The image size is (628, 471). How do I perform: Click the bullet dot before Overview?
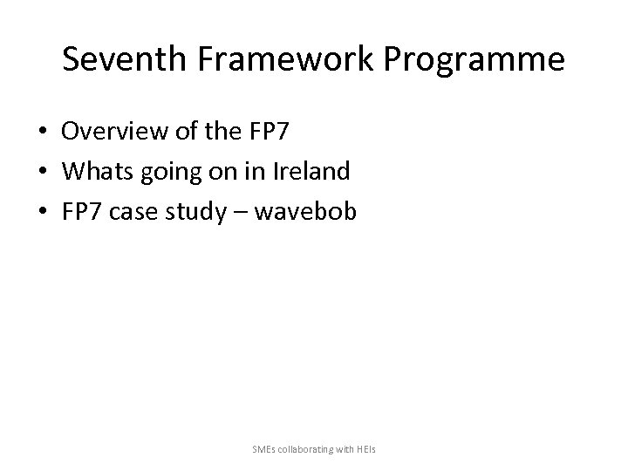43,132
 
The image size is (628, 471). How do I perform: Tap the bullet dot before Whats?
43,172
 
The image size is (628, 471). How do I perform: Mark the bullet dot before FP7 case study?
43,212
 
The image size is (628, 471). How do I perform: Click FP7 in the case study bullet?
81,211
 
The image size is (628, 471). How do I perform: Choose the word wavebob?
309,211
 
